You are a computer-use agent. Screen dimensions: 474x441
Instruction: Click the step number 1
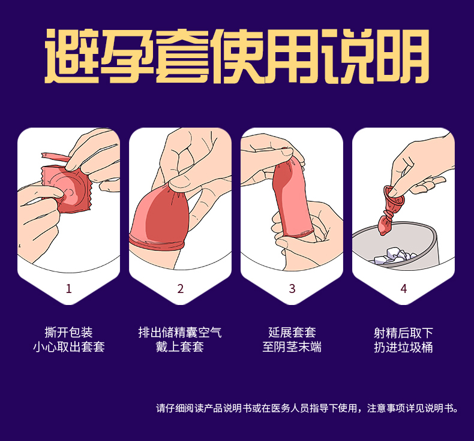click(68, 289)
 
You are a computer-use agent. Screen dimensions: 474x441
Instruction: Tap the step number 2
click(181, 289)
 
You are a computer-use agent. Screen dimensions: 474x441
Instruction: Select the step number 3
click(292, 289)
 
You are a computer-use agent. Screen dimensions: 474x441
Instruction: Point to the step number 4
click(404, 289)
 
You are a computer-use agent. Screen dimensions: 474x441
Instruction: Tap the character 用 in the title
click(292, 56)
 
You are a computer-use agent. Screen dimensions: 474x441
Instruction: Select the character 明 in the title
click(402, 56)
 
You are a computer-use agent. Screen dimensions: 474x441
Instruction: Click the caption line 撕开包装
click(68, 333)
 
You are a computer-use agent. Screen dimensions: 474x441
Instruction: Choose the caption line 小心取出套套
click(68, 347)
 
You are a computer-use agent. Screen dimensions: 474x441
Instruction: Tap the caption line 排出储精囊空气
click(180, 333)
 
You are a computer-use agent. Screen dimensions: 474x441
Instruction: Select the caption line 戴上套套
click(180, 347)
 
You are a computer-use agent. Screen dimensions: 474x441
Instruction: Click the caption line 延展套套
click(292, 333)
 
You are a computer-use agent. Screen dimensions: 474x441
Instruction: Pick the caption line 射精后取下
click(404, 333)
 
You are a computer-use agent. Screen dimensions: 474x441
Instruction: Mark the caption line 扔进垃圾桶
click(404, 347)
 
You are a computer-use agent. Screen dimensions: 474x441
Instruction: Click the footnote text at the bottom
click(307, 408)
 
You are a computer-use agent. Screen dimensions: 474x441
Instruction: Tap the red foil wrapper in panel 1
click(67, 189)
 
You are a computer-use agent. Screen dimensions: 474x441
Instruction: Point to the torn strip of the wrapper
click(55, 158)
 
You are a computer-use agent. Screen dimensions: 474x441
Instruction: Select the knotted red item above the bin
click(388, 212)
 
